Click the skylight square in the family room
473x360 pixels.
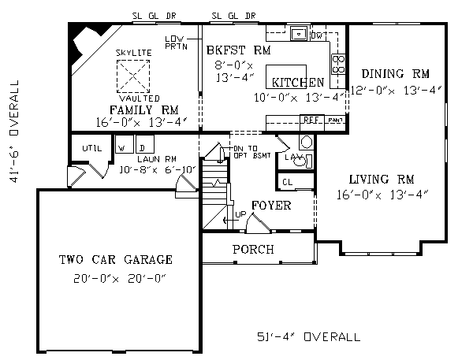(133, 76)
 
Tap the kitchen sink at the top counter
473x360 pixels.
(299, 33)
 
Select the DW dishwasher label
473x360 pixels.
(318, 35)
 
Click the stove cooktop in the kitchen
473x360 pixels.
(338, 64)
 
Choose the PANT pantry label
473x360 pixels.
(335, 121)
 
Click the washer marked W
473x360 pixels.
(125, 144)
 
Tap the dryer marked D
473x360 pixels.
(145, 144)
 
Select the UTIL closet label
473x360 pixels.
(92, 148)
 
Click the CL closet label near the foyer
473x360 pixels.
(288, 182)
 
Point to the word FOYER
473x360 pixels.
(271, 206)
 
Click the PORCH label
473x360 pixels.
(253, 250)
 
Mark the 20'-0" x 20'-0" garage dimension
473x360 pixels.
(120, 278)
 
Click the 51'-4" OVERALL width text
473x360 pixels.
(308, 336)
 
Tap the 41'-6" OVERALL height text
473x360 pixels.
(14, 131)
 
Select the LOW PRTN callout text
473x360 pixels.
(176, 43)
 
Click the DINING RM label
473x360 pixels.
(396, 74)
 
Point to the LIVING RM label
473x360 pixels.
(382, 180)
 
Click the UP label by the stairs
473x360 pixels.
(240, 214)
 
